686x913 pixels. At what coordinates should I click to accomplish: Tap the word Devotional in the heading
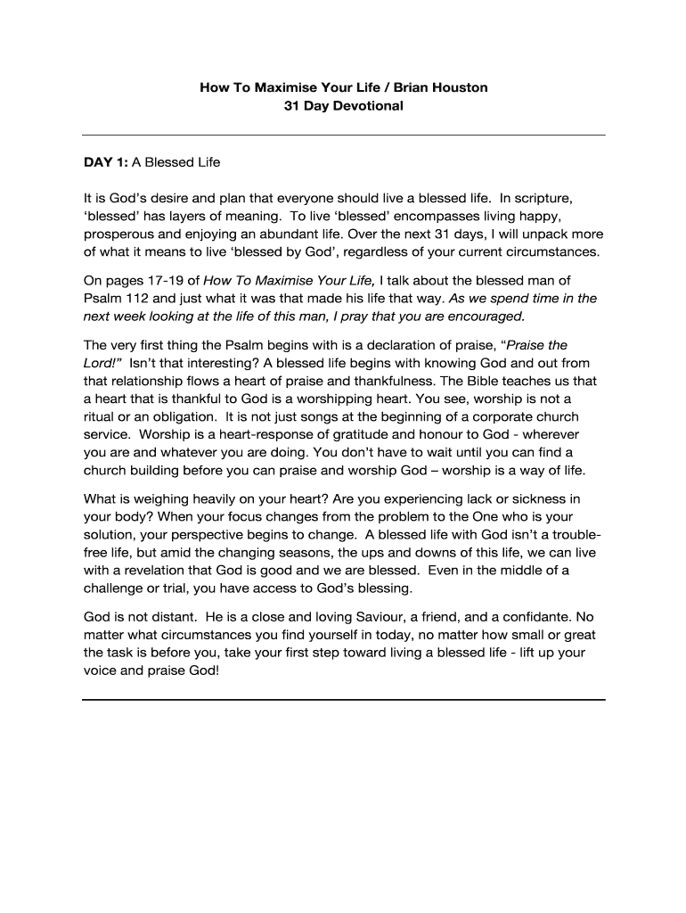[x=366, y=106]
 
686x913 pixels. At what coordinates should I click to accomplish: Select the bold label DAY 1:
[x=106, y=162]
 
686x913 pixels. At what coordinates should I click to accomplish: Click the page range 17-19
[x=159, y=280]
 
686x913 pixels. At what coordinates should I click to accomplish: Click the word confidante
[x=524, y=616]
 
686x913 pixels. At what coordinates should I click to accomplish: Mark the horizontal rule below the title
[x=343, y=135]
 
